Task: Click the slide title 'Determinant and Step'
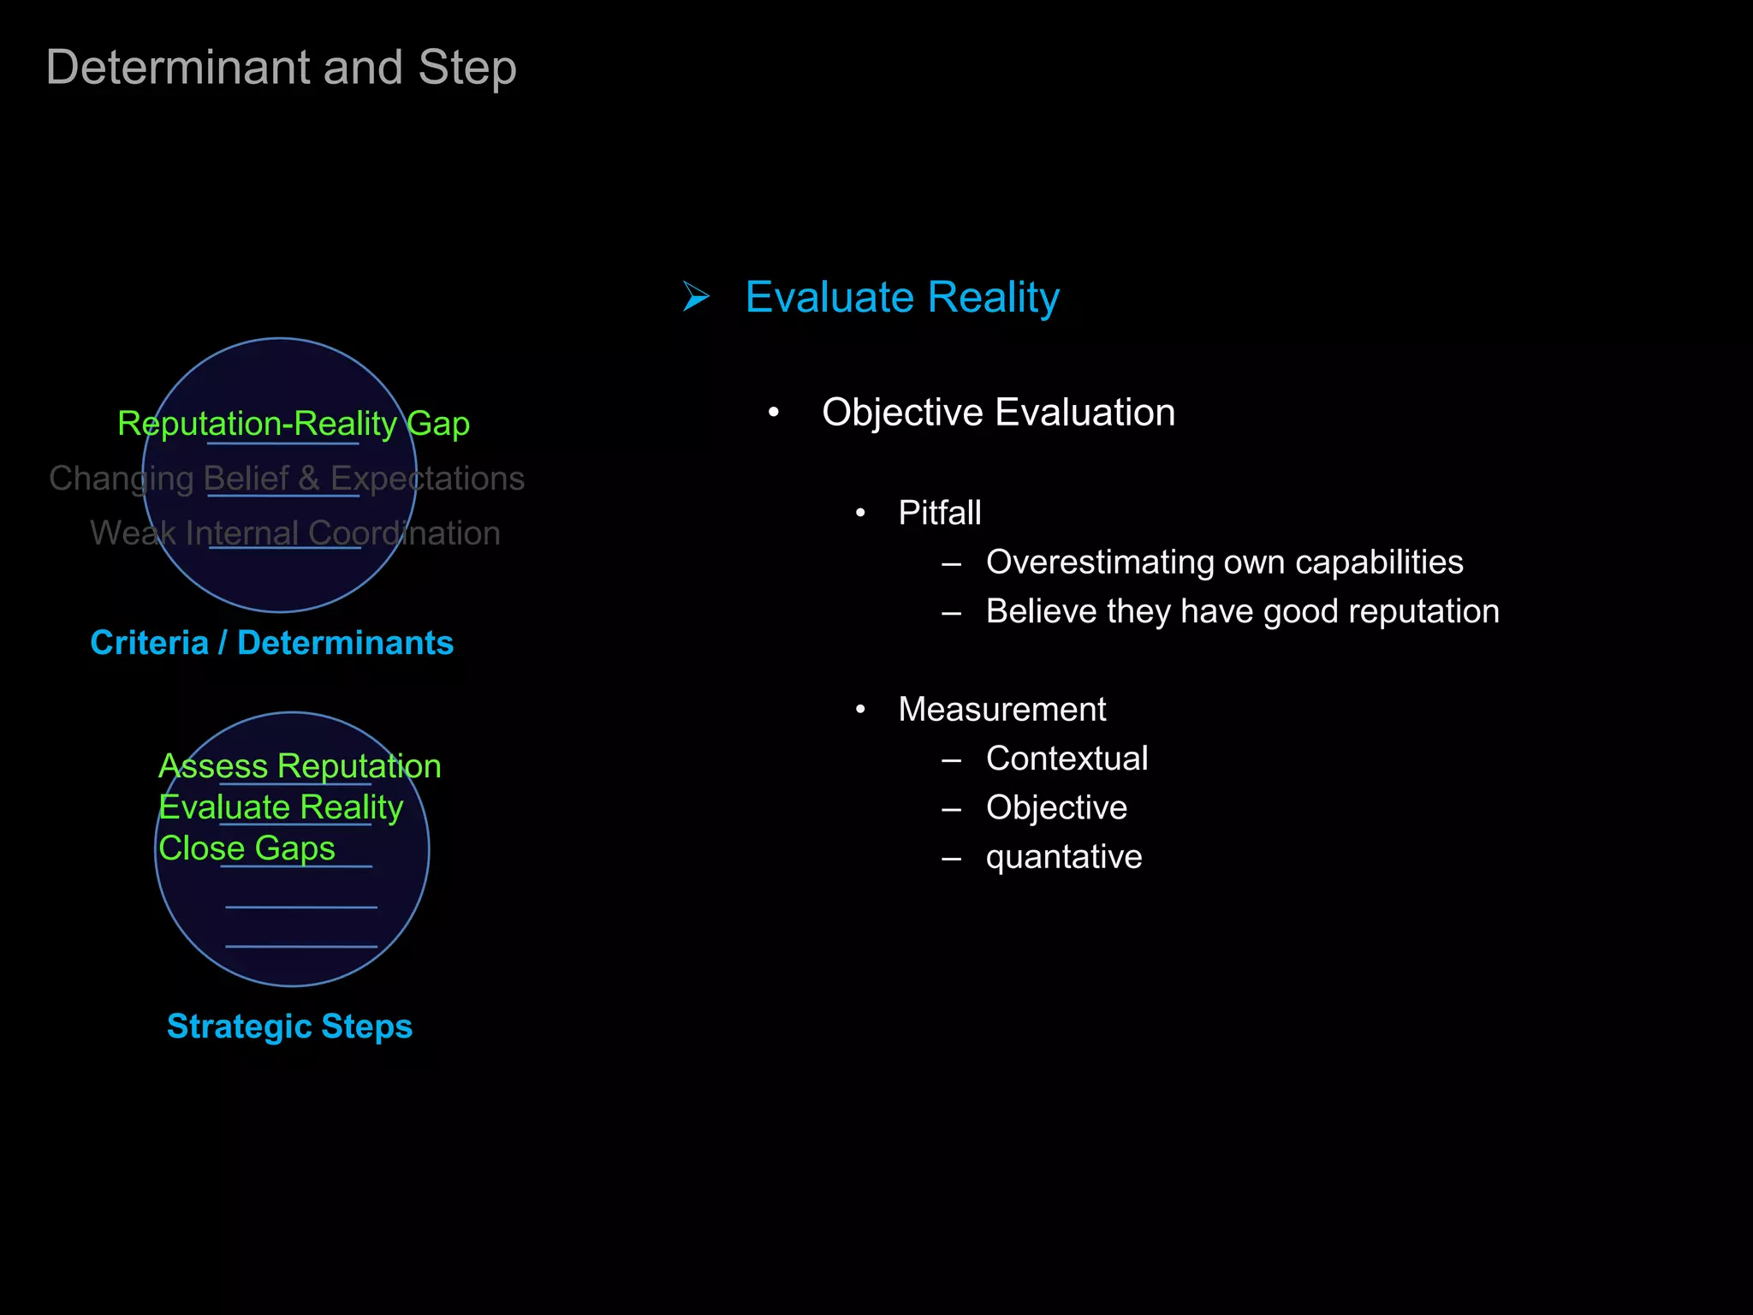coord(281,68)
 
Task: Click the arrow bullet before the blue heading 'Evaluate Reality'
coord(696,297)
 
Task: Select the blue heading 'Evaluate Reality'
coord(901,298)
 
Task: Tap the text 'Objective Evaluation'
coord(998,413)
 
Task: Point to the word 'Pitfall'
coord(939,513)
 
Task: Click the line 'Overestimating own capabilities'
coord(1224,562)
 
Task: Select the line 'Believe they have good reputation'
coord(1242,611)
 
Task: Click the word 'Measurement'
coord(1001,709)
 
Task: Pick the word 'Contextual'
coord(1067,759)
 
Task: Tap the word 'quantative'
coord(1063,857)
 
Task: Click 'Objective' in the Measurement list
coord(1056,807)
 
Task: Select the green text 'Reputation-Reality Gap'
coord(294,424)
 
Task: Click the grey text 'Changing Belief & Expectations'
coord(287,479)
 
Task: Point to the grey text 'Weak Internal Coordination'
coord(295,533)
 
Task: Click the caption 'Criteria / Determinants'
coord(271,643)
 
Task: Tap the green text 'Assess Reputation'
coord(300,766)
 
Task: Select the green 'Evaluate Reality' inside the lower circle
coord(281,807)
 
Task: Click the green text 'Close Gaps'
coord(247,848)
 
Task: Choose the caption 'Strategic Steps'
coord(289,1026)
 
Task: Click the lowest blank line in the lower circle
coord(301,946)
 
